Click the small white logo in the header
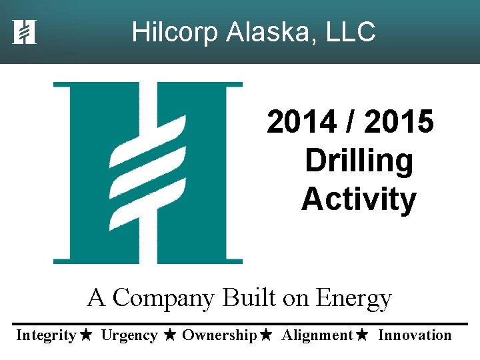(x=24, y=32)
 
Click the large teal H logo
(x=148, y=173)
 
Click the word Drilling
(x=359, y=161)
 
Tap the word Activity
(x=359, y=199)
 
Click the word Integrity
(x=45, y=335)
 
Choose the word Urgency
(x=129, y=335)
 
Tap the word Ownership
(x=219, y=335)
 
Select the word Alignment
(x=317, y=335)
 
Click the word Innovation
(x=415, y=335)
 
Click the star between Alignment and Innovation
(x=362, y=335)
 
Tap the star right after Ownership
(x=266, y=335)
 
